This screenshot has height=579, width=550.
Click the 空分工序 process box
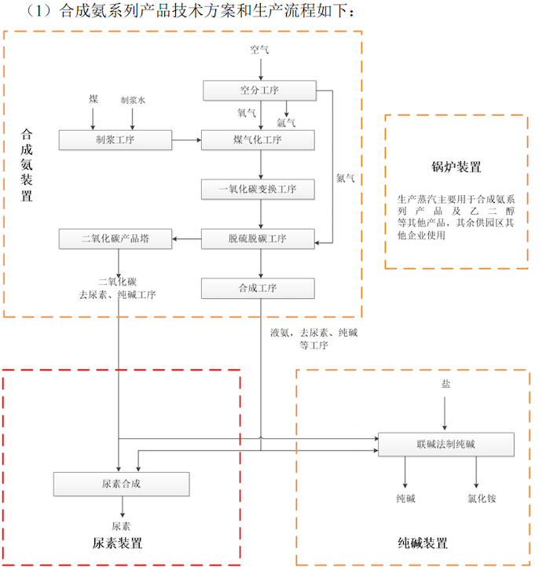click(x=259, y=91)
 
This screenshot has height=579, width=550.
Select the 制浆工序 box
click(x=115, y=141)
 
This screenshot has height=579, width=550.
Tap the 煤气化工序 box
click(x=258, y=141)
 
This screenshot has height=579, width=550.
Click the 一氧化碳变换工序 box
click(x=258, y=190)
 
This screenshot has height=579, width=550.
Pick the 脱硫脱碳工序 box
click(x=258, y=239)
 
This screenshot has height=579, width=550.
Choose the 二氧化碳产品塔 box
click(x=115, y=239)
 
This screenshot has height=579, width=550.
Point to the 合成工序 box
click(x=258, y=289)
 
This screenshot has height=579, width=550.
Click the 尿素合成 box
click(x=121, y=483)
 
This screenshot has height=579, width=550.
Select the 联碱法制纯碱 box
click(x=445, y=444)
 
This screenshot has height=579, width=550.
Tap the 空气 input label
click(x=259, y=50)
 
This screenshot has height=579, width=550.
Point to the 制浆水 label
click(x=133, y=100)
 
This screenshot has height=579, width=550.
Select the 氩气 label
click(x=286, y=122)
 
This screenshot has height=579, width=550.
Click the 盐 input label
click(x=445, y=385)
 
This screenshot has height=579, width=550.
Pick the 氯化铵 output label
click(x=482, y=499)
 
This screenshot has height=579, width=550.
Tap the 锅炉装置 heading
click(x=456, y=167)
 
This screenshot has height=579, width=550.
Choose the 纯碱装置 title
click(x=423, y=544)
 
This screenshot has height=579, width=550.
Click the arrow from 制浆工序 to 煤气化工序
click(x=186, y=141)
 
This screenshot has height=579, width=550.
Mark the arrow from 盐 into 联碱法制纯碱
click(x=445, y=413)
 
